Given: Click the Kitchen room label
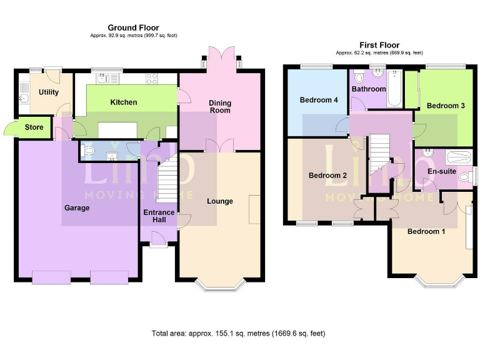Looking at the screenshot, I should (124, 102).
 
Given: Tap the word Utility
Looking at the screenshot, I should (49, 92).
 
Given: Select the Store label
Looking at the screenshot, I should (34, 127).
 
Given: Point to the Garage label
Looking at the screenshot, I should (76, 207).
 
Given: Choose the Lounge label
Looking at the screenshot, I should (219, 201).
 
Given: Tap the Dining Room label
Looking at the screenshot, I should (219, 106).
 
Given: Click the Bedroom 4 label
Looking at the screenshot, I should (319, 100).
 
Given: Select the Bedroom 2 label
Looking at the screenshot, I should (327, 176).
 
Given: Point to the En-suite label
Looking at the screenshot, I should (441, 171).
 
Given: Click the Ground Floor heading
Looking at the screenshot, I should (133, 27).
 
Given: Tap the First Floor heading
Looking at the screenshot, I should (379, 45).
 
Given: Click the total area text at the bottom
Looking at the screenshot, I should (238, 334).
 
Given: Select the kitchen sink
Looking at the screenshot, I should (103, 79).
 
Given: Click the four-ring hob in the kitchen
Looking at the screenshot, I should (152, 79).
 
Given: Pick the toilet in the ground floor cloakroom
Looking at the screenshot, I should (88, 151).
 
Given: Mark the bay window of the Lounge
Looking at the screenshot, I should (219, 284).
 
